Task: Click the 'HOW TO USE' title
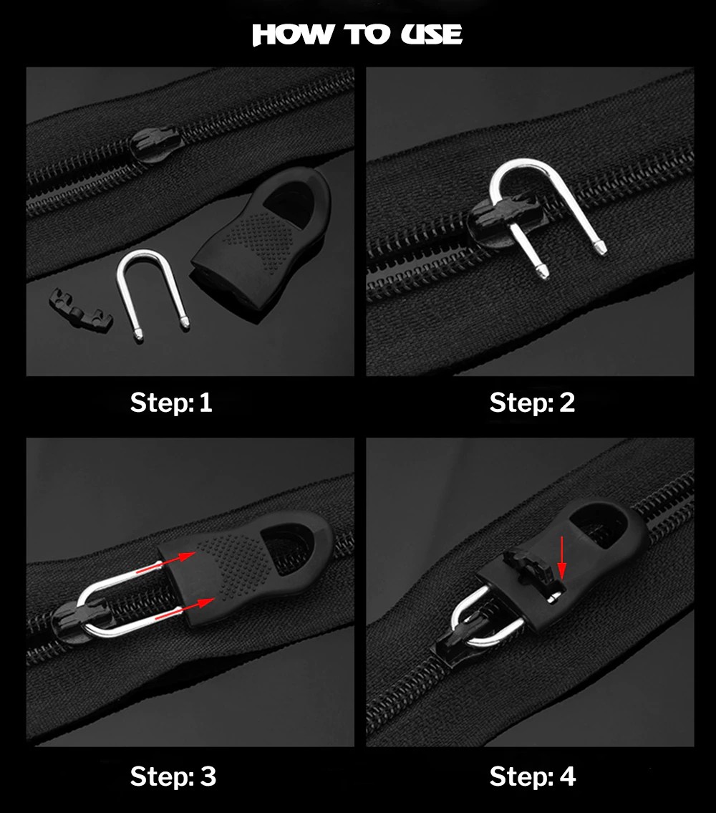point(357,34)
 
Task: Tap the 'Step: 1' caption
point(171,403)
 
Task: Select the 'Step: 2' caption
point(532,403)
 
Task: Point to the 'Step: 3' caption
point(173,776)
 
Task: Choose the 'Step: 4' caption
point(533,776)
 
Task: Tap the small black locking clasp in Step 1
point(81,311)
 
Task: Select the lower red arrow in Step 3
point(185,609)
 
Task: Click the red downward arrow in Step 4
point(562,558)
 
